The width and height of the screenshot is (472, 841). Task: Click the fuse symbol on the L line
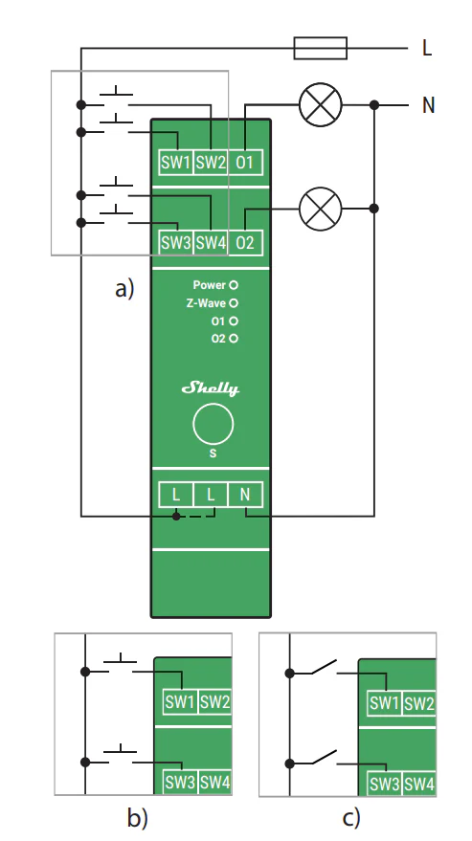[320, 48]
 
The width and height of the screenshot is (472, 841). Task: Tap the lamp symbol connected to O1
[320, 104]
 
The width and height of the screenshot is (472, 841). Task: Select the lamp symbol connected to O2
[320, 209]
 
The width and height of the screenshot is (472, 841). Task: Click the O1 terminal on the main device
[245, 163]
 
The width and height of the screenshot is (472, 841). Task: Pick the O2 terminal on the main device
[245, 243]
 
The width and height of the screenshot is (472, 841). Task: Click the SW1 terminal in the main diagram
[176, 163]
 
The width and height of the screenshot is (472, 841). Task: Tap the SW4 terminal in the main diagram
[211, 243]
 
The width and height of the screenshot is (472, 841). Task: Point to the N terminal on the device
[245, 495]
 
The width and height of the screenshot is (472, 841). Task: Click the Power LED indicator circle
[234, 285]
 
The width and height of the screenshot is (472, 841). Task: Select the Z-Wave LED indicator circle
[234, 303]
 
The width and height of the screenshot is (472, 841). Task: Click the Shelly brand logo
[211, 388]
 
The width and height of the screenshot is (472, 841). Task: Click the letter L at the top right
[427, 48]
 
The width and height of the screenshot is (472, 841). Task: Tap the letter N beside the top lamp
[428, 105]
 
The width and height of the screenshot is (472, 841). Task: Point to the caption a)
[124, 289]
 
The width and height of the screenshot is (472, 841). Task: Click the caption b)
[138, 818]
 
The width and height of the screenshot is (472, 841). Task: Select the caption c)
[351, 818]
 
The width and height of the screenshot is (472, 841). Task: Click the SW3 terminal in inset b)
[180, 783]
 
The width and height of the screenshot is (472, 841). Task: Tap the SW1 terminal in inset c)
[385, 702]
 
